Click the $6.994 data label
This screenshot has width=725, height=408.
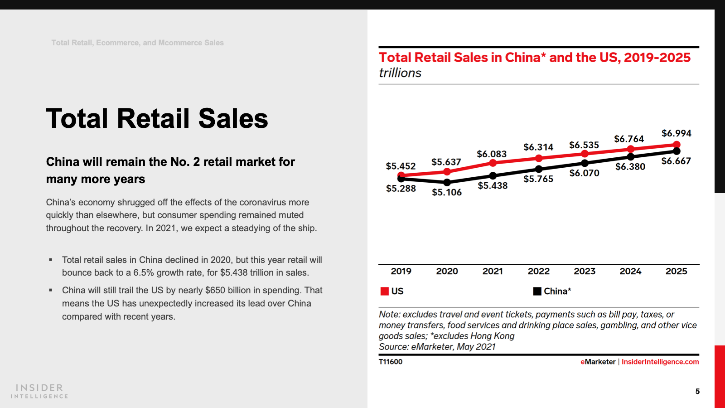coord(676,133)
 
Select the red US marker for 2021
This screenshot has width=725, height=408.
coord(493,163)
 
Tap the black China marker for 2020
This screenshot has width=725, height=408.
coord(447,182)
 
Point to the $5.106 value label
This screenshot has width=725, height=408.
coord(447,192)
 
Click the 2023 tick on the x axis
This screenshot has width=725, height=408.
coord(585,271)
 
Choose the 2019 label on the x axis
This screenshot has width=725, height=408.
coord(401,271)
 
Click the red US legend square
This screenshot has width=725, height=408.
coord(385,291)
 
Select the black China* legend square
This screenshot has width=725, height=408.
coord(537,291)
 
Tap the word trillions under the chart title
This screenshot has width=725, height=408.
coord(400,73)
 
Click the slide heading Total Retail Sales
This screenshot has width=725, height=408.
coord(157,119)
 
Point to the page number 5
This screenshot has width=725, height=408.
coord(697,391)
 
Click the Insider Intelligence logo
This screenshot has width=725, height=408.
coord(39,391)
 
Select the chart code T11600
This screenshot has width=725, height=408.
coord(391,362)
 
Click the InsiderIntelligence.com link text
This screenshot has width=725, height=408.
coord(660,362)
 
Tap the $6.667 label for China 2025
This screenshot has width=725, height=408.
coord(676,161)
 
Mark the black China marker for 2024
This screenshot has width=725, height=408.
coord(631,157)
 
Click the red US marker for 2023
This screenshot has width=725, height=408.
coord(585,154)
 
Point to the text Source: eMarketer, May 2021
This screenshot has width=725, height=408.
coord(437,347)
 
